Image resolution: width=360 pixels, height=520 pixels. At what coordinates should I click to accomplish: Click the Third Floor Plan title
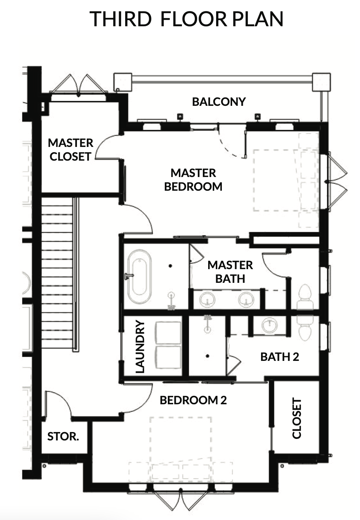coord(186,19)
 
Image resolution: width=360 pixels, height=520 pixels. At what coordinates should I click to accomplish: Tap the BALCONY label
coord(219,102)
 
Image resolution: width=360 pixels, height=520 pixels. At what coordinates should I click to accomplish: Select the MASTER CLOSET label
coord(70,150)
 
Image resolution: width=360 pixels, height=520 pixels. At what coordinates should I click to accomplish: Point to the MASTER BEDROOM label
coord(193,180)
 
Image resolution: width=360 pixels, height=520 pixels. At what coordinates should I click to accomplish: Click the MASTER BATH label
coord(230,272)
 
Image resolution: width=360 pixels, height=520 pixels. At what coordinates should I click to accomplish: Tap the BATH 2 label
coord(279,357)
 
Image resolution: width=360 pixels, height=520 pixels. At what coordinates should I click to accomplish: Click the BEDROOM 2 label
coord(193,400)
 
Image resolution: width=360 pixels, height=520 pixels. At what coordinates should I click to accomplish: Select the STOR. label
coord(63,436)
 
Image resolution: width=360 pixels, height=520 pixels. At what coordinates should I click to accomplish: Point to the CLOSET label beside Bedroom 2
coord(296,418)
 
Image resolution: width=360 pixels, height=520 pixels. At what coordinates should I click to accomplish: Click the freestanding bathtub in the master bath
coord(139,276)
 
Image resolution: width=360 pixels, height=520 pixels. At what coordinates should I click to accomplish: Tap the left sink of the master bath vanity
coord(207,299)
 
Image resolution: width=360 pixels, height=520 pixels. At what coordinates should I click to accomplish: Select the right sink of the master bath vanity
coord(246,299)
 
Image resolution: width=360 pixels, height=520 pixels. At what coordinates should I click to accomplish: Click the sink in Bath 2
coord(269,325)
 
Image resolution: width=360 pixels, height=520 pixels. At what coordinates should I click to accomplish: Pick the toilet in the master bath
coord(305,297)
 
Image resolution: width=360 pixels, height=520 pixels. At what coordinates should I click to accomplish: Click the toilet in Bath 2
coord(305,328)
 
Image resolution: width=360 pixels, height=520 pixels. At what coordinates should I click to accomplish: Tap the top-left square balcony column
coord(123,82)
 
